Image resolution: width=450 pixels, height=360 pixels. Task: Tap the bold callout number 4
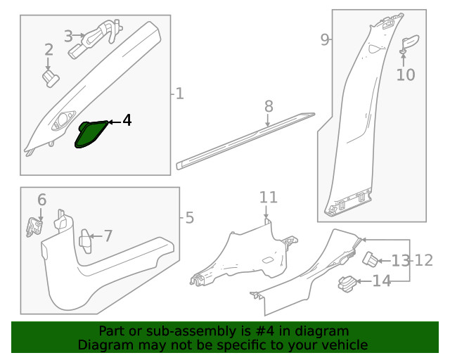[127, 120]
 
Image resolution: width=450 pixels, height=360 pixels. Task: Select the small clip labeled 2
[51, 78]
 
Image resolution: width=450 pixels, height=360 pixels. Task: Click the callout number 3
[68, 37]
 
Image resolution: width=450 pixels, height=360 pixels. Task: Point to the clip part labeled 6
[34, 227]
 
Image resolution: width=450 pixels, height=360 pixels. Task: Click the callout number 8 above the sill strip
[269, 106]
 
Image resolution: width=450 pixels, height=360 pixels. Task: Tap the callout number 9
[325, 39]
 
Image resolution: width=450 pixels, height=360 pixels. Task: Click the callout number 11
[269, 198]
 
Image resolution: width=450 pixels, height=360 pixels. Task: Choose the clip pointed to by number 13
[371, 259]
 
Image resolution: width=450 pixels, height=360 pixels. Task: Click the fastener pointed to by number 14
[348, 284]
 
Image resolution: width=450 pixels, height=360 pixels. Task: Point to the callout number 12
[423, 260]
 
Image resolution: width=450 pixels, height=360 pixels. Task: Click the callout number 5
[189, 218]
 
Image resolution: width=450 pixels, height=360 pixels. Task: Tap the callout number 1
[179, 94]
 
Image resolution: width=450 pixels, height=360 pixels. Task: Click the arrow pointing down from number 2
[48, 64]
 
